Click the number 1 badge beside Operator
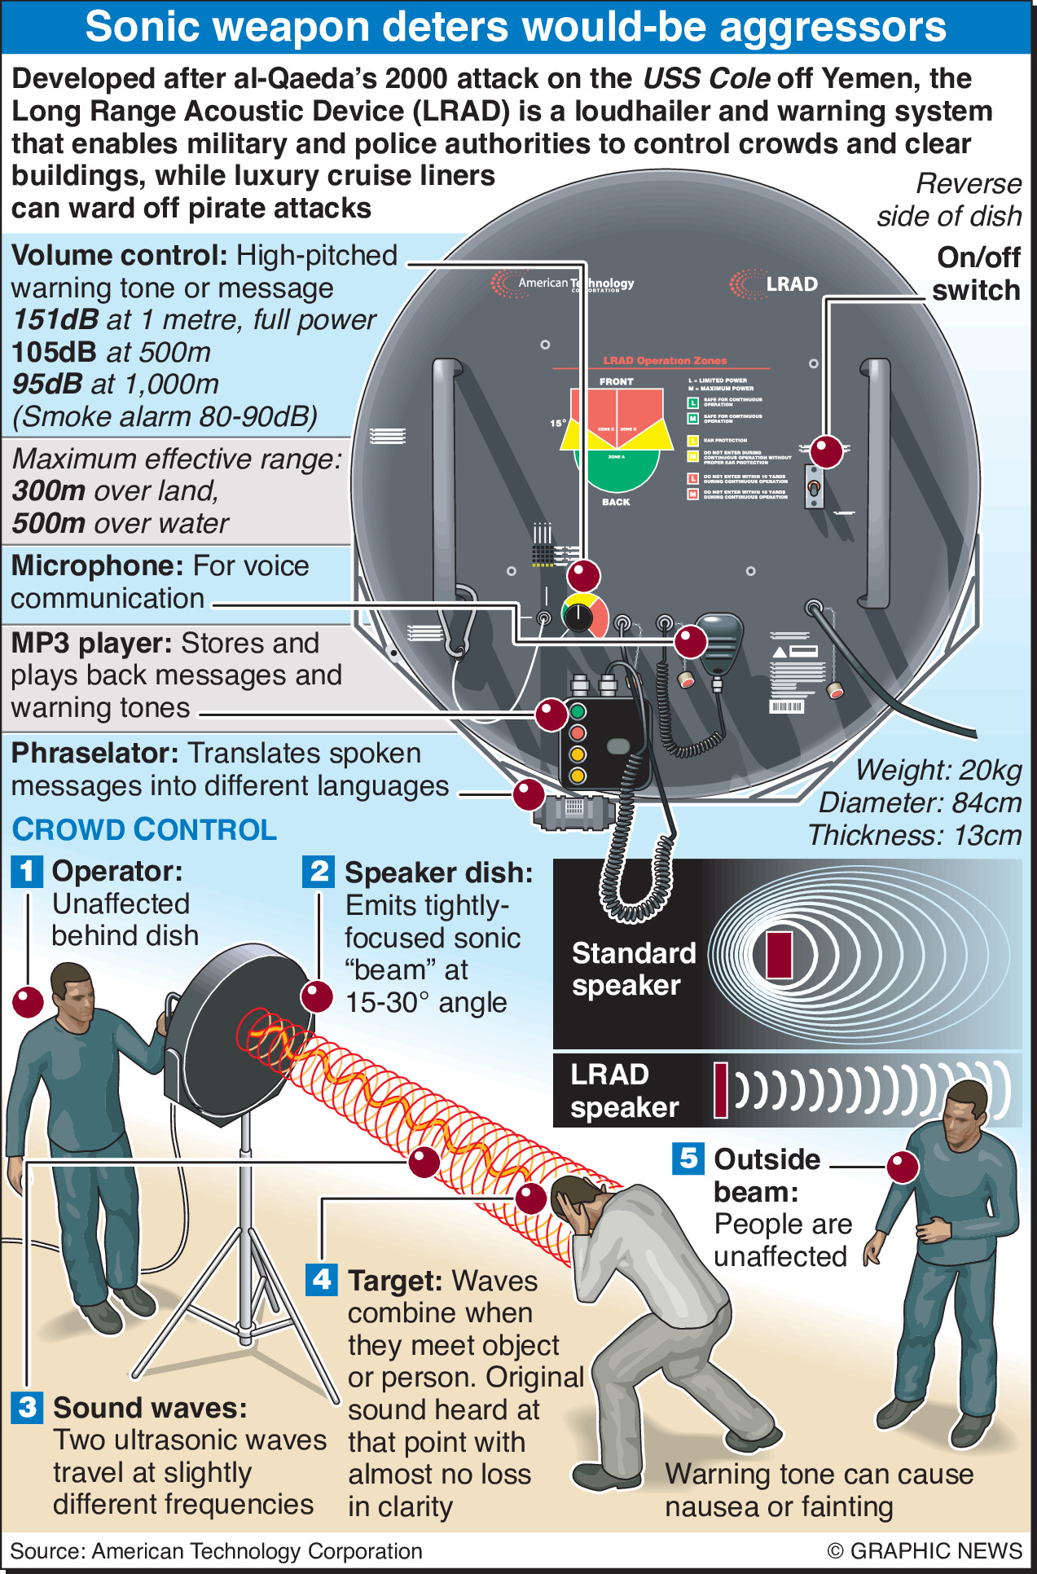tap(27, 871)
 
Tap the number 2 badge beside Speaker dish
tap(318, 871)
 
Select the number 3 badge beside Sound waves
tap(27, 1407)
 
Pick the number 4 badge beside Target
tap(322, 1279)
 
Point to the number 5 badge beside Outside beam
tap(688, 1158)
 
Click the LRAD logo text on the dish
tap(791, 284)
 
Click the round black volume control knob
tap(578, 616)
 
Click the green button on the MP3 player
tap(578, 711)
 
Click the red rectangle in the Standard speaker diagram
tap(779, 954)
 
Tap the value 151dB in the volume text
tap(56, 320)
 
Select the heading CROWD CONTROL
tap(144, 829)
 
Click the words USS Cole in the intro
tap(706, 79)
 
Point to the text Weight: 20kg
tap(938, 770)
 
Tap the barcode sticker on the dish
tap(786, 706)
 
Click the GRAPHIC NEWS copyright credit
tap(924, 1550)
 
